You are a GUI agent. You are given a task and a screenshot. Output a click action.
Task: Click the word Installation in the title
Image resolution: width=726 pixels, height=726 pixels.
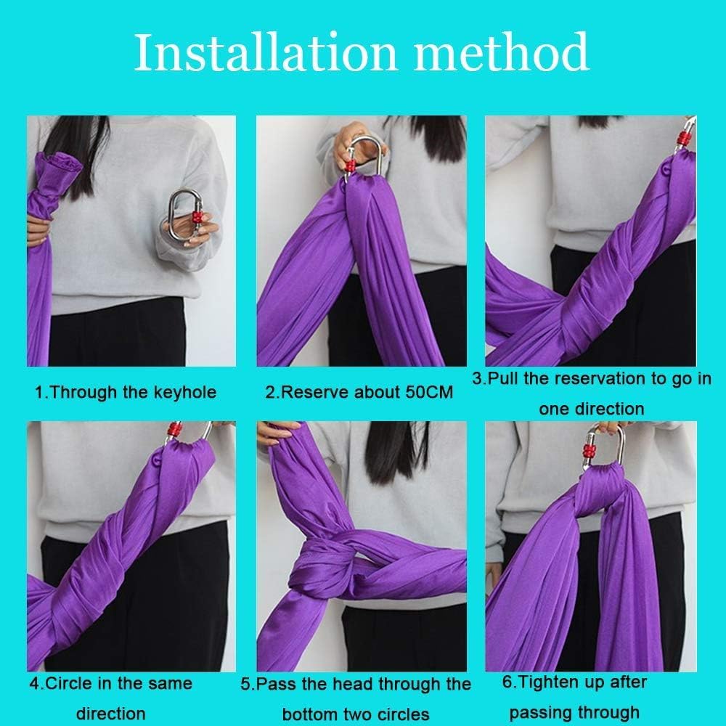265,52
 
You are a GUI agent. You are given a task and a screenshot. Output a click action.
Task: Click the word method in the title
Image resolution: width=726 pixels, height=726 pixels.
502,52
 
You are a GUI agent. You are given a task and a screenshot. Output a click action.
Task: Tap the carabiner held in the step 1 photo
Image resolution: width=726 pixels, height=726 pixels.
184,215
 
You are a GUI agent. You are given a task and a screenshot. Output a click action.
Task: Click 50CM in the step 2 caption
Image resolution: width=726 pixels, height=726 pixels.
429,392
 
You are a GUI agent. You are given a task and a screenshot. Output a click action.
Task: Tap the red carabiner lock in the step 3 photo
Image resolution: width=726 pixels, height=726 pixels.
682,138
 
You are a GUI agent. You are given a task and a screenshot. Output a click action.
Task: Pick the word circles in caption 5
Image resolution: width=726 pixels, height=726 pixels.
402,714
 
